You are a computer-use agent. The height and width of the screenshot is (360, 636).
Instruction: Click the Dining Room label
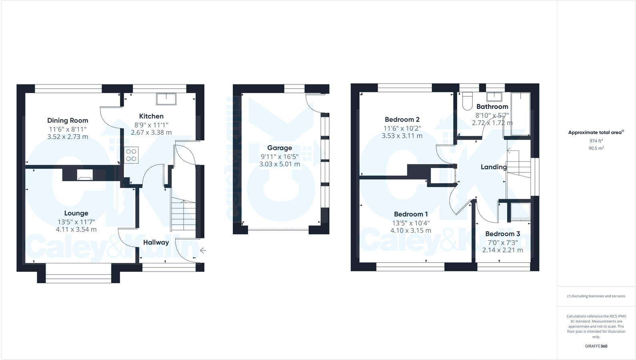click(x=68, y=120)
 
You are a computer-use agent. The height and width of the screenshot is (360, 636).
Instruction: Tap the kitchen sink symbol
click(x=166, y=98)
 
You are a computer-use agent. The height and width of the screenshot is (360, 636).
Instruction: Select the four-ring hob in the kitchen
click(x=131, y=155)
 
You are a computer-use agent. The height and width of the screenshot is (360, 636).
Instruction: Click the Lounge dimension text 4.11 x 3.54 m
click(x=76, y=230)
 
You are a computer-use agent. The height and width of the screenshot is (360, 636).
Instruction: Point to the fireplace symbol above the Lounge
click(x=84, y=175)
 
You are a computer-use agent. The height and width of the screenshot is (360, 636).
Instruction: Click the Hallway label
click(x=156, y=242)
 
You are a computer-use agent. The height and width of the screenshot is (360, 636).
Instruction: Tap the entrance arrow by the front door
click(x=203, y=250)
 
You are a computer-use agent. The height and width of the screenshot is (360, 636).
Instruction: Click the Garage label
click(x=280, y=148)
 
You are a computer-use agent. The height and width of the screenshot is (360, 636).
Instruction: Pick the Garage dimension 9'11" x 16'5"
click(x=280, y=156)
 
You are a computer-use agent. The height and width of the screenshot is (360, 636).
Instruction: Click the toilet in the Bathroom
click(x=467, y=102)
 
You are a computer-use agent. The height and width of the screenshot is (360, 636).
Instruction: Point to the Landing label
click(x=494, y=167)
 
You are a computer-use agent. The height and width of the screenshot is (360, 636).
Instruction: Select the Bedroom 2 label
click(x=402, y=120)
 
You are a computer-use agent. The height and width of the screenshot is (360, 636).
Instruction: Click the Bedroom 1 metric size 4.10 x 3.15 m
click(x=411, y=231)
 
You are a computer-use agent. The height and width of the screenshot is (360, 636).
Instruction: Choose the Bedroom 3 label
click(x=502, y=234)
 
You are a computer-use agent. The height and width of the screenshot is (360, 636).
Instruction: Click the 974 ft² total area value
click(x=596, y=141)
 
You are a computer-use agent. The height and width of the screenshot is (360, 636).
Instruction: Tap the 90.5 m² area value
click(x=596, y=148)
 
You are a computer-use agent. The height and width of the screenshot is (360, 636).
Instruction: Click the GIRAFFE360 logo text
click(x=596, y=346)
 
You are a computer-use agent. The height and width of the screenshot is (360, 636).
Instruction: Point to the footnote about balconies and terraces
click(x=596, y=296)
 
